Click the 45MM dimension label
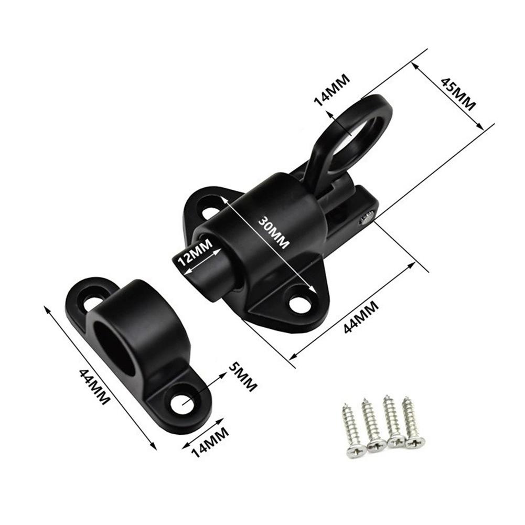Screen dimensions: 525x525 (458, 94)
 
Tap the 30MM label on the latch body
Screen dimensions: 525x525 (274, 233)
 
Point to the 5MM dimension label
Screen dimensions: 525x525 (243, 377)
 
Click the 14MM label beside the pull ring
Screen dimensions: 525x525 (332, 90)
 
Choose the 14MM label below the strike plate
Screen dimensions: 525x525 (210, 443)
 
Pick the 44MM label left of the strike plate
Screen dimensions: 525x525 (94, 387)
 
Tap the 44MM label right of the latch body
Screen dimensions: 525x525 (361, 317)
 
